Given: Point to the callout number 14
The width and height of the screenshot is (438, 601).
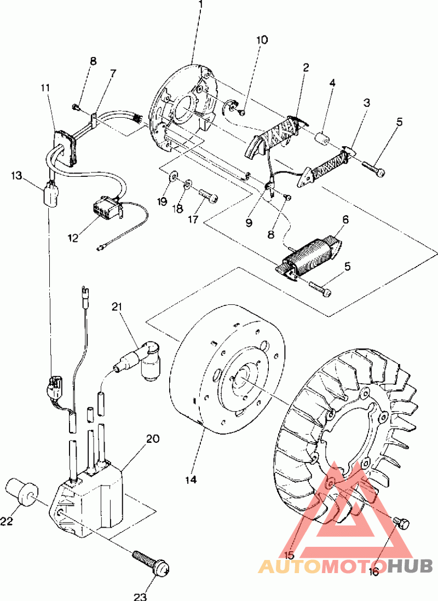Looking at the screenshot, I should [x=190, y=480].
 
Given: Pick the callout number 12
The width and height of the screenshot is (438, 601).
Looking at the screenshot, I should [x=73, y=238].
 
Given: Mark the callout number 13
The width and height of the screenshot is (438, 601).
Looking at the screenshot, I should [x=16, y=176].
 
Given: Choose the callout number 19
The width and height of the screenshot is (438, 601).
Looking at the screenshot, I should [x=162, y=201].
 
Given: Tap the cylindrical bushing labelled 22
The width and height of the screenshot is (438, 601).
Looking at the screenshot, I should [x=22, y=492].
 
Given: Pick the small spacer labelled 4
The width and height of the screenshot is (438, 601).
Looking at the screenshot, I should [x=322, y=137].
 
